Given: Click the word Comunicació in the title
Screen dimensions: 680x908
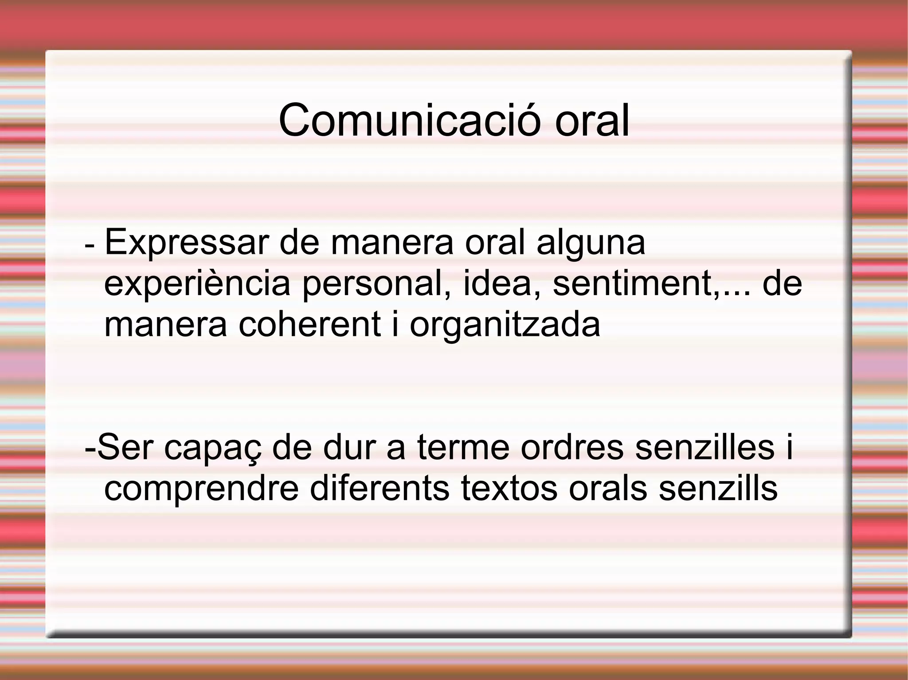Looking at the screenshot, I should tap(409, 120).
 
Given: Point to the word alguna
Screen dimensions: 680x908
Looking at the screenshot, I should tap(591, 243).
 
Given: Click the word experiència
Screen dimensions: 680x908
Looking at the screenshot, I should tap(197, 284).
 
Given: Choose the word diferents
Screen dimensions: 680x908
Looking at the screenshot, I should tap(380, 488).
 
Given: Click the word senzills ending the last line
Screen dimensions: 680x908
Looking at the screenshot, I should tap(718, 488).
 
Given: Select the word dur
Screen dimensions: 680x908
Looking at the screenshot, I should tap(349, 447).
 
